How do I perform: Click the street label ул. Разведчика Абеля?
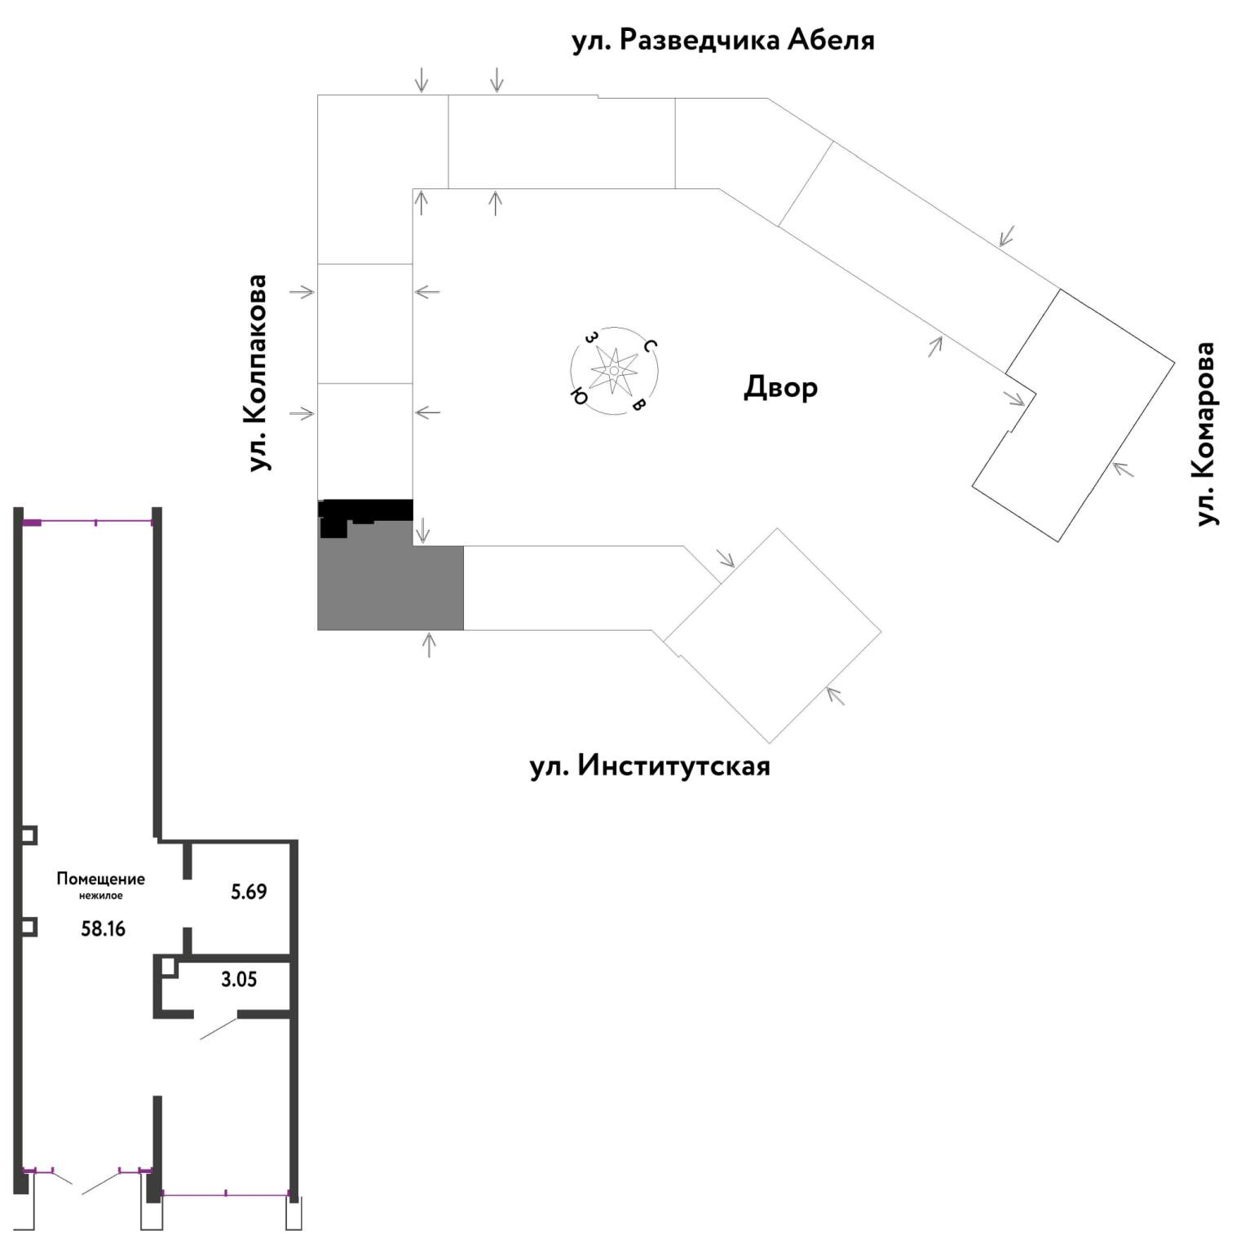723,40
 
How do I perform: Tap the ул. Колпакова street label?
258,373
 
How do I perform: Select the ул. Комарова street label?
1204,434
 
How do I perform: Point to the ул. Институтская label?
650,766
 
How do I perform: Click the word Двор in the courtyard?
780,387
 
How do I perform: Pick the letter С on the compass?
650,346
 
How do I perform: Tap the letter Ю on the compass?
578,396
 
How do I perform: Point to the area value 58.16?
104,928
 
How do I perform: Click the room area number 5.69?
249,892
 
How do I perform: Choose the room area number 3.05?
239,979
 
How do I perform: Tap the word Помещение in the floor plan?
100,879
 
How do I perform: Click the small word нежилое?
101,896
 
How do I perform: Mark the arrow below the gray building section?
429,645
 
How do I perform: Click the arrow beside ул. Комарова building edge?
1123,469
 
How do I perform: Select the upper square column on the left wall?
29,835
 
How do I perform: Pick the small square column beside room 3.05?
169,967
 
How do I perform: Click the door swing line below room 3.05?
219,1029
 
